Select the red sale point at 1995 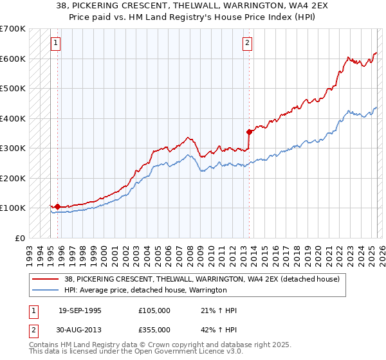pyautogui.click(x=57, y=206)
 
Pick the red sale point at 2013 pyautogui.click(x=249, y=132)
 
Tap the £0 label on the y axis pyautogui.click(x=19, y=238)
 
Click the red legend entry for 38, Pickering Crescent pyautogui.click(x=205, y=279)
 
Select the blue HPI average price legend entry pyautogui.click(x=145, y=290)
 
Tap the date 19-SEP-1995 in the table pyautogui.click(x=80, y=310)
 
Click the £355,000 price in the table pyautogui.click(x=154, y=329)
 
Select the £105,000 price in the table pyautogui.click(x=154, y=310)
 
